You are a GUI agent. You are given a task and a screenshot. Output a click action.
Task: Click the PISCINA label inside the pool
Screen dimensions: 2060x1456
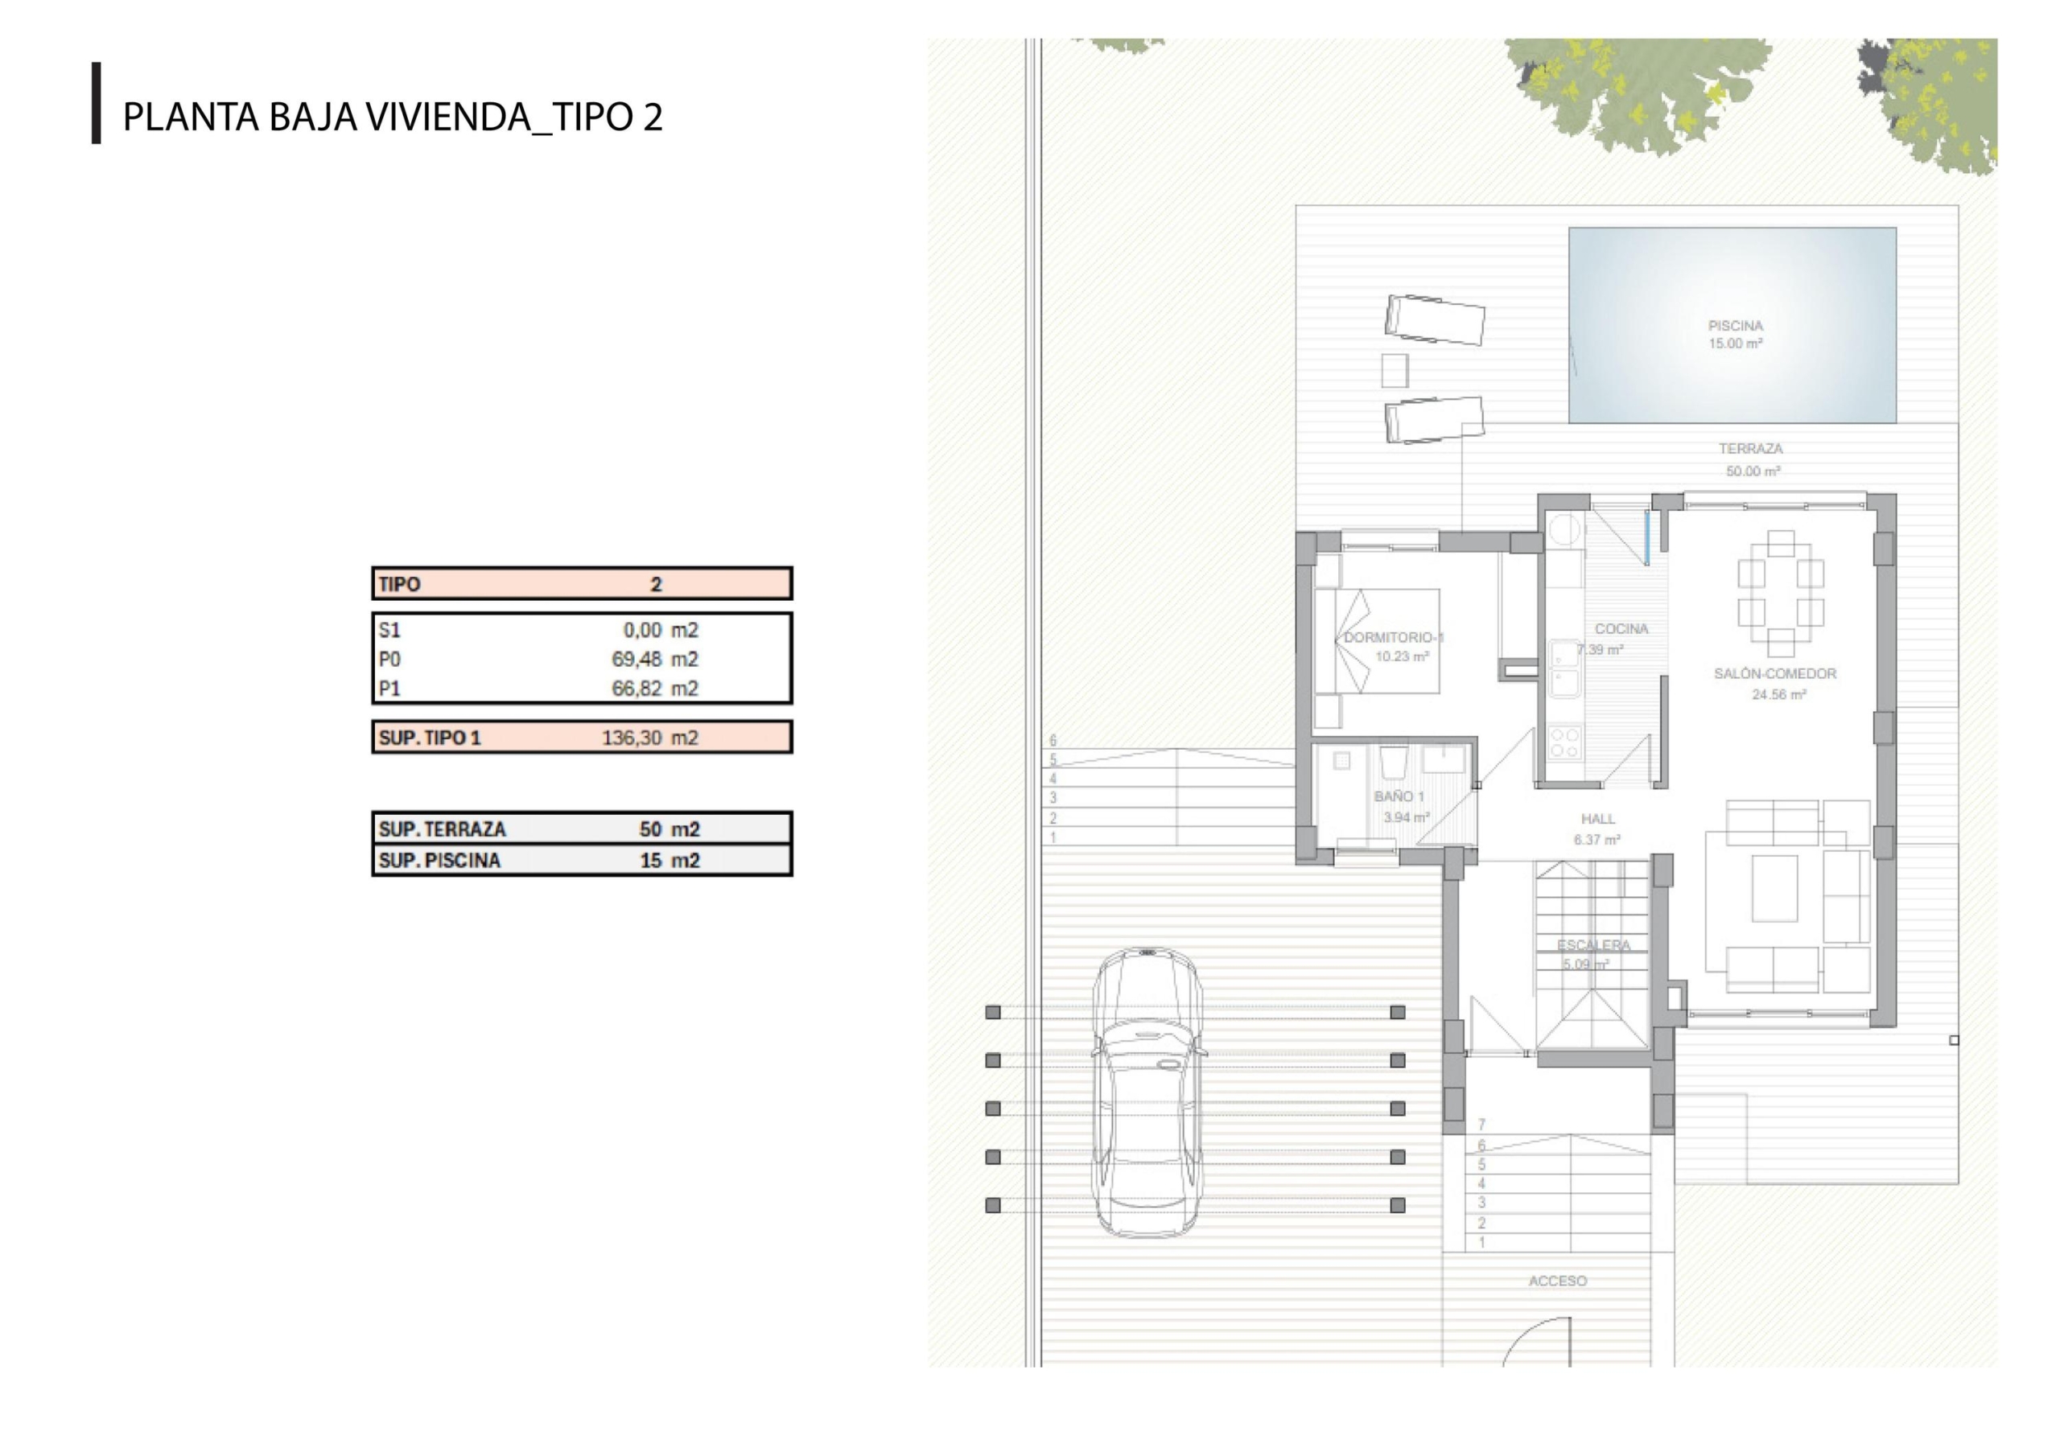click(x=1735, y=326)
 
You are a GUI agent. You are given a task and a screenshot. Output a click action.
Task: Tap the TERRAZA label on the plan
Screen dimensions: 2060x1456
click(x=1750, y=449)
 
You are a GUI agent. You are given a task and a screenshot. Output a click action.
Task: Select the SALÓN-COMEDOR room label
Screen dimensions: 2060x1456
click(x=1774, y=674)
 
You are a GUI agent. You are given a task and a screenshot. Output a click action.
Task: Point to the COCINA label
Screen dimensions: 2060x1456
click(x=1621, y=629)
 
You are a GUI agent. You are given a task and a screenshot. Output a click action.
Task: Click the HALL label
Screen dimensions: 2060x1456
click(x=1598, y=819)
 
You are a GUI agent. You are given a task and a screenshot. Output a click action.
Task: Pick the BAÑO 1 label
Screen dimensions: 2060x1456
click(x=1399, y=796)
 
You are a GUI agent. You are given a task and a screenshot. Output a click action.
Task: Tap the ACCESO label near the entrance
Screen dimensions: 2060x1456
click(x=1558, y=1281)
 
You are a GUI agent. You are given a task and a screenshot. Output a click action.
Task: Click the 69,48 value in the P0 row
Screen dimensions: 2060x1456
click(x=637, y=660)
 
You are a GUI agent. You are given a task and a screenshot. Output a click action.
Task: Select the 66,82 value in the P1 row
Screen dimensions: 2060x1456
click(x=637, y=689)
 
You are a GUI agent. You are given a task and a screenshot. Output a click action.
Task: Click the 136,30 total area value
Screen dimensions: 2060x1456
click(x=632, y=738)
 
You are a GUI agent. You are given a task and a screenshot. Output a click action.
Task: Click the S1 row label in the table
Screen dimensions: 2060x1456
click(x=389, y=631)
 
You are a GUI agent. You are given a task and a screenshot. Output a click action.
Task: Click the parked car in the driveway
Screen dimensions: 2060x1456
click(x=1147, y=1092)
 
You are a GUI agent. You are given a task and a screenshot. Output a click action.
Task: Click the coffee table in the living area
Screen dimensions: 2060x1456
click(x=1774, y=888)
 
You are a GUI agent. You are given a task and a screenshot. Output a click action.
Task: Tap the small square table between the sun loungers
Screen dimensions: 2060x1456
click(x=1395, y=371)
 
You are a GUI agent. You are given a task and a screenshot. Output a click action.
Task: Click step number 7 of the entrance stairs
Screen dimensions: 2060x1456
click(x=1481, y=1125)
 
